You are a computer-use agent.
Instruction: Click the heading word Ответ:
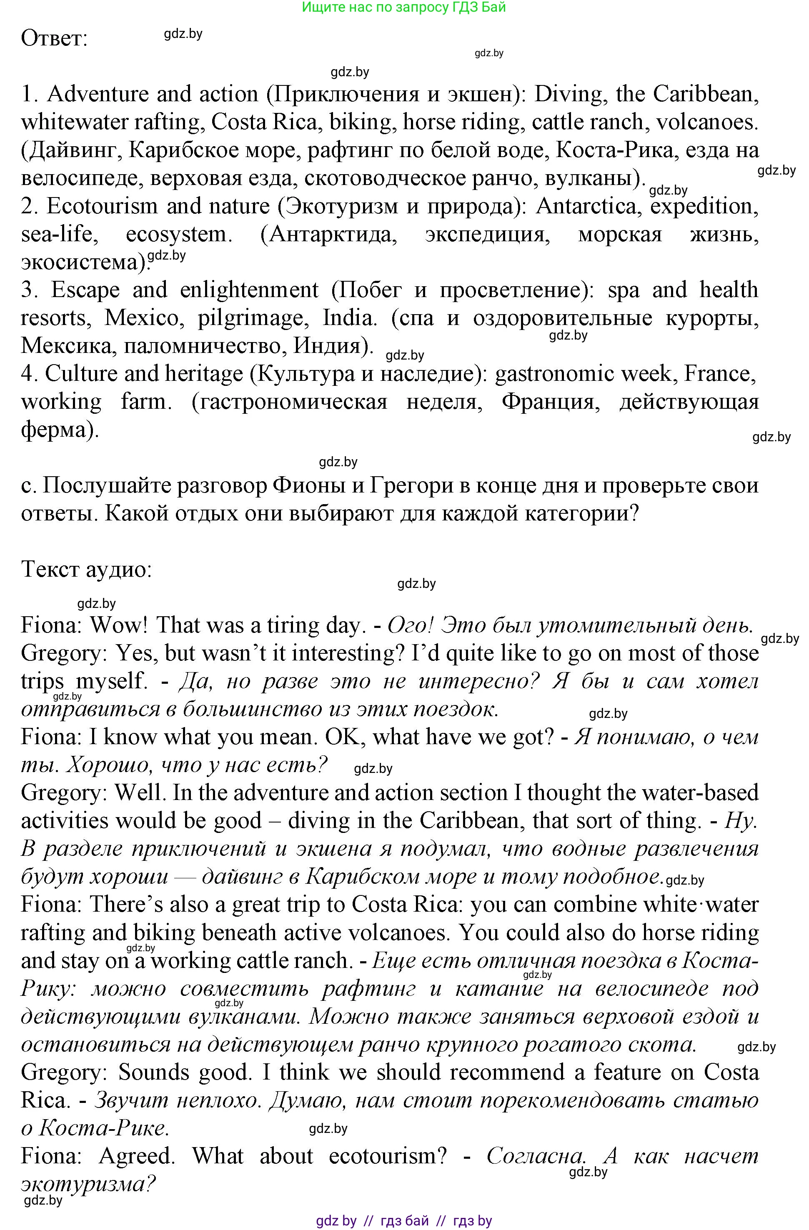point(54,39)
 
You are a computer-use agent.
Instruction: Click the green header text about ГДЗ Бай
point(404,7)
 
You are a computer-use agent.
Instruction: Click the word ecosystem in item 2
point(177,234)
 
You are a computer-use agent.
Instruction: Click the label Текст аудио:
point(86,570)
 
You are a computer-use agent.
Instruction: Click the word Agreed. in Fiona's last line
point(137,1156)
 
